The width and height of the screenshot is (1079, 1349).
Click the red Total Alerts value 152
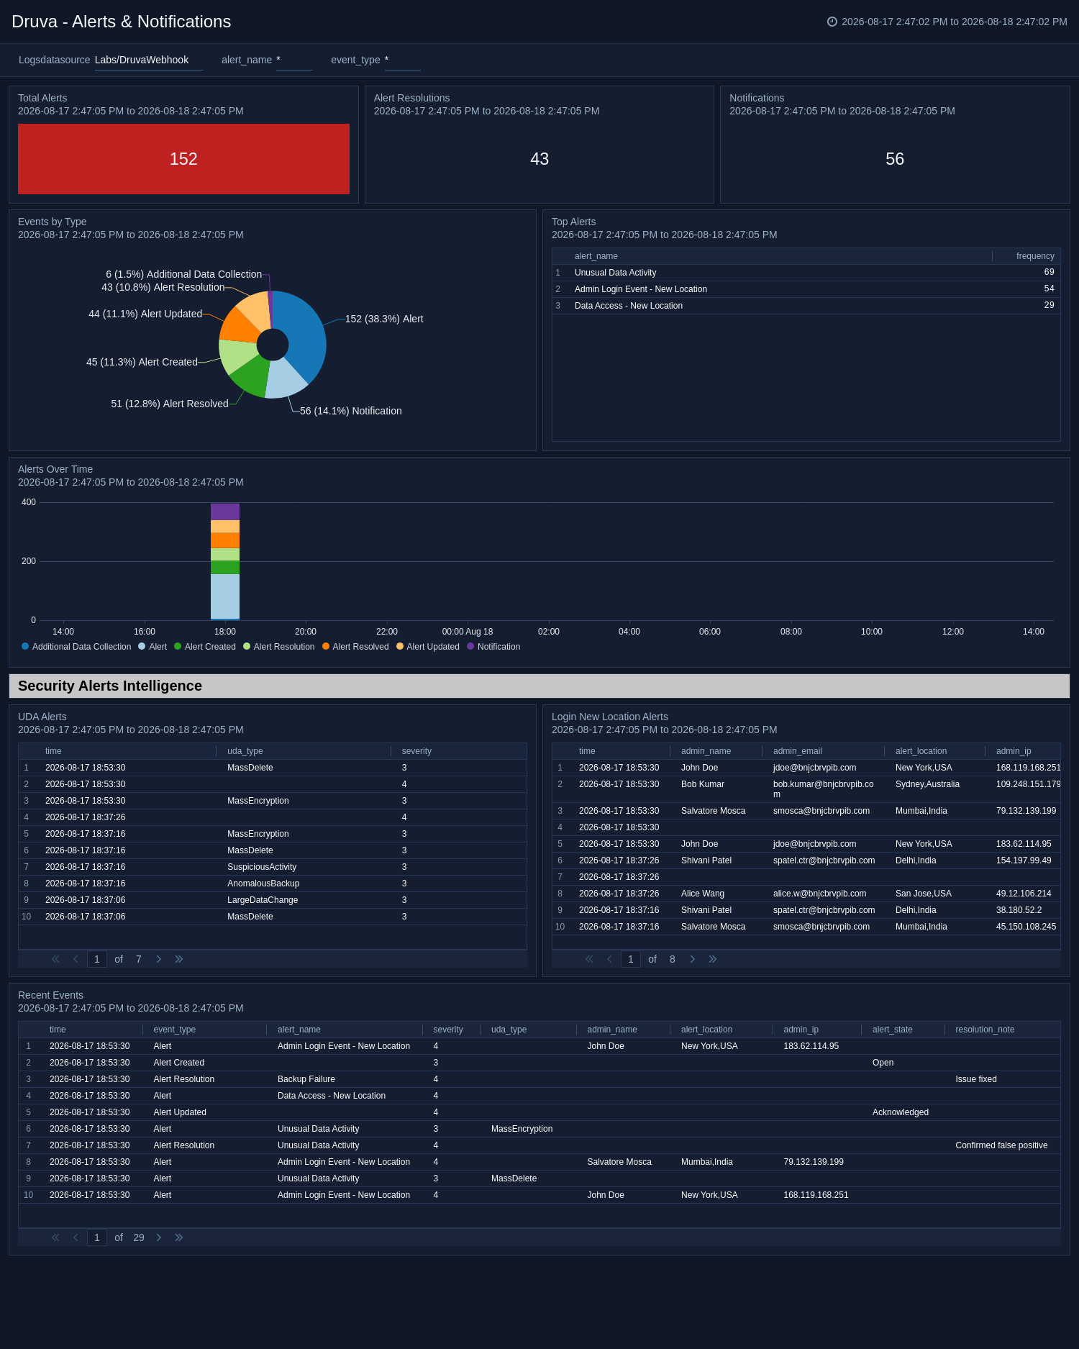tap(183, 159)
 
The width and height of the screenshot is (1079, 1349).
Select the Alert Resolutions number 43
tap(539, 159)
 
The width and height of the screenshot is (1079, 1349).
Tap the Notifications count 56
tap(895, 159)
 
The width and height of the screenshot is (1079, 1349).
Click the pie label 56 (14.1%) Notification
tap(351, 411)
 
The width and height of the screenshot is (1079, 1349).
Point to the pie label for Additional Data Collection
tap(184, 274)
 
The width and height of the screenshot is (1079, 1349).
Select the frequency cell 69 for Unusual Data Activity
tap(1049, 272)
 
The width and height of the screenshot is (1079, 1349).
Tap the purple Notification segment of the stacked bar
tap(225, 511)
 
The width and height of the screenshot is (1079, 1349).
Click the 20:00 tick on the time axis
tap(306, 631)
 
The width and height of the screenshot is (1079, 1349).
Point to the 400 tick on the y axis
tap(29, 502)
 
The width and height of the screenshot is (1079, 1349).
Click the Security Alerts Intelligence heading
tap(110, 686)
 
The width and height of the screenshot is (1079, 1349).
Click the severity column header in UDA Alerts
tap(416, 751)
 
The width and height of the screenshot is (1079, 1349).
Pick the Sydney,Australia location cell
tap(927, 784)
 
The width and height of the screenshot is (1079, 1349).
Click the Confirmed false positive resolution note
tap(1001, 1145)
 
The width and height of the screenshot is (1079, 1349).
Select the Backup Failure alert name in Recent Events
tap(306, 1079)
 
